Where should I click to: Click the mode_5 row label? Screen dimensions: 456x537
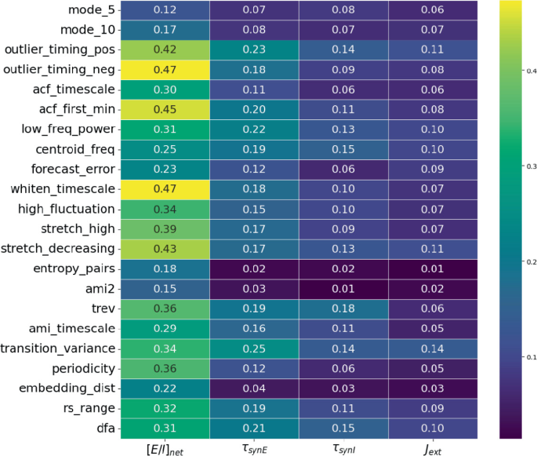89,9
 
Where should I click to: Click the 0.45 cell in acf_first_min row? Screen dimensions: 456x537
165,109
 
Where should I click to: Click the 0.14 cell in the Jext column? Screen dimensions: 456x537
430,348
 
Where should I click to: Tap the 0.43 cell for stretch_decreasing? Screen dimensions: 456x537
165,249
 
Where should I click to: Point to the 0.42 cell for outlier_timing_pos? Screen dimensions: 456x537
165,49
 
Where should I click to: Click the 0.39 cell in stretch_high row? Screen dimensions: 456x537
165,229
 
